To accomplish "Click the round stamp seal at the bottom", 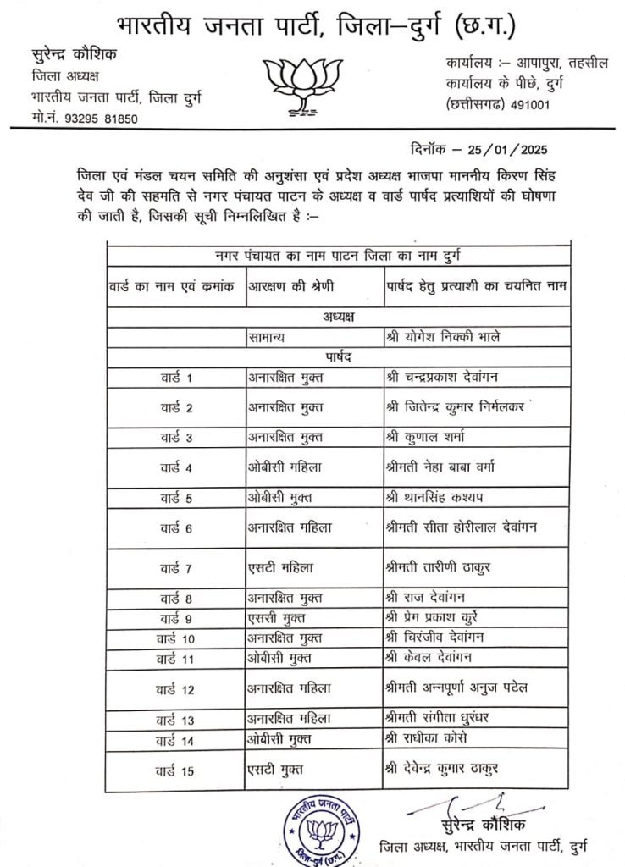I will pos(319,827).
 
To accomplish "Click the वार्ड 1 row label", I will pos(177,377).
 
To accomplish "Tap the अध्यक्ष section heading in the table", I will pos(337,317).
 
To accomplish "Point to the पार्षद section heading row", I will pos(337,357).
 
